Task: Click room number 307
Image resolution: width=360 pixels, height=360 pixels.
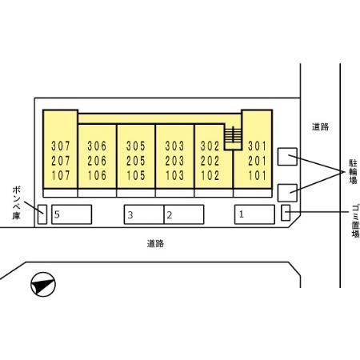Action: pyautogui.click(x=61, y=146)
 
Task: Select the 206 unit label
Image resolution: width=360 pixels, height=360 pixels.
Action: pyautogui.click(x=97, y=161)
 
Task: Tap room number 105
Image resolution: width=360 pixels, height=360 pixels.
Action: pyautogui.click(x=136, y=175)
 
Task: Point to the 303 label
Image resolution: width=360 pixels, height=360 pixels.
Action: pyautogui.click(x=174, y=146)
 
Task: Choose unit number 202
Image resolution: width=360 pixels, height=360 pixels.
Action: pyautogui.click(x=210, y=161)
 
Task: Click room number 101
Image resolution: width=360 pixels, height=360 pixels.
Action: pyautogui.click(x=258, y=175)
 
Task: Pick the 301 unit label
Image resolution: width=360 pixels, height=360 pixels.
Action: pyautogui.click(x=258, y=146)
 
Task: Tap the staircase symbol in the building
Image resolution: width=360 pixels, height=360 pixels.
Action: pyautogui.click(x=233, y=135)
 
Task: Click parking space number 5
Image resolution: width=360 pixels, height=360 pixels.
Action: pyautogui.click(x=71, y=214)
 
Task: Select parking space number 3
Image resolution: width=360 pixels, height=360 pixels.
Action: pyautogui.click(x=144, y=214)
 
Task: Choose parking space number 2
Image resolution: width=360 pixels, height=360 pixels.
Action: pyautogui.click(x=184, y=214)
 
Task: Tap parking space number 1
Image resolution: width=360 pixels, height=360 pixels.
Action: pyautogui.click(x=254, y=214)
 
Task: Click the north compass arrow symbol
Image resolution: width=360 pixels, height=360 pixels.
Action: pyautogui.click(x=43, y=284)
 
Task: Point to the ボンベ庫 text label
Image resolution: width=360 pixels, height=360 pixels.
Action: pyautogui.click(x=17, y=203)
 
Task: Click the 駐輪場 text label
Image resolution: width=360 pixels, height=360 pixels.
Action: pyautogui.click(x=354, y=172)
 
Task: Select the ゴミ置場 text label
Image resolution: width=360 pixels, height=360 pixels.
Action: pyautogui.click(x=355, y=221)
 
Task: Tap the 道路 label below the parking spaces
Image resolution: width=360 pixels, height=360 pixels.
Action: pyautogui.click(x=155, y=243)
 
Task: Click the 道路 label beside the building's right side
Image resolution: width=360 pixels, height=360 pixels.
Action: pyautogui.click(x=320, y=126)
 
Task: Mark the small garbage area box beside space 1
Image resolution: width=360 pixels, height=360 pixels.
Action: pyautogui.click(x=286, y=213)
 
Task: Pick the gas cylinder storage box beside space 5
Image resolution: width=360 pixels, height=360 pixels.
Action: pyautogui.click(x=42, y=214)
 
